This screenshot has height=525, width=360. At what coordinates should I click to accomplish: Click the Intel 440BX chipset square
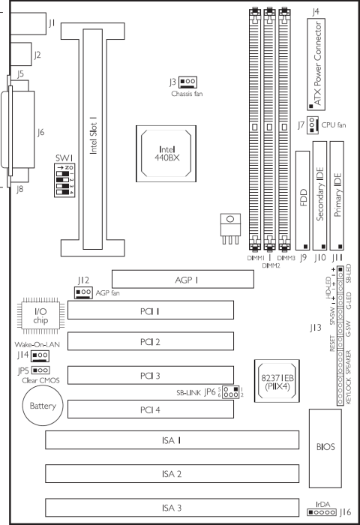[171, 140]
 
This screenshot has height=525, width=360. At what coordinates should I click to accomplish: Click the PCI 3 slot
[150, 374]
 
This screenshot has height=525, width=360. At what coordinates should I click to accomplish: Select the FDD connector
[302, 201]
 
